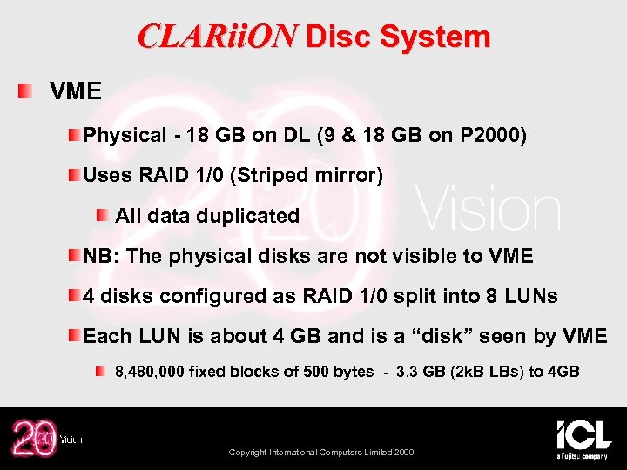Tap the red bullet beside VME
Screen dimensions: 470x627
[x=27, y=91]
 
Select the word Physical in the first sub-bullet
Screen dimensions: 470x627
[x=125, y=136]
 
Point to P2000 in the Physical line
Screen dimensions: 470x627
[x=493, y=136]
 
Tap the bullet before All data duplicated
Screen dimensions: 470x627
[x=103, y=215]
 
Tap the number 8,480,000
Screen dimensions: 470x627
[x=150, y=372]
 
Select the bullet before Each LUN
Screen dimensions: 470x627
[x=76, y=335]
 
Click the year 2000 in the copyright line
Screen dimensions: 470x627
[x=402, y=453]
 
